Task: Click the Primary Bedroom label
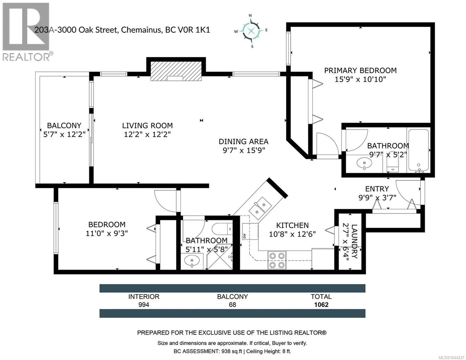click(x=360, y=70)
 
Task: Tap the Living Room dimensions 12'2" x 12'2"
click(x=147, y=134)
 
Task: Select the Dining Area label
click(x=243, y=142)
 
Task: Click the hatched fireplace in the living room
click(x=176, y=71)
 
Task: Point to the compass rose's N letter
click(x=250, y=15)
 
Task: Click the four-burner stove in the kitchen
click(x=277, y=260)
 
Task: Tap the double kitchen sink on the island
click(x=260, y=208)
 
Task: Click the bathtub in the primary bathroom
click(x=418, y=150)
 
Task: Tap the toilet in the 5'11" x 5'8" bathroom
click(x=222, y=229)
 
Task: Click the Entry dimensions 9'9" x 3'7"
click(x=377, y=197)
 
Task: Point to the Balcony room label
click(x=64, y=125)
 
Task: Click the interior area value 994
click(x=144, y=305)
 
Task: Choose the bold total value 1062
click(x=321, y=305)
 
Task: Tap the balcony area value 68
click(x=233, y=305)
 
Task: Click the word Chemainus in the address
click(x=141, y=30)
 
